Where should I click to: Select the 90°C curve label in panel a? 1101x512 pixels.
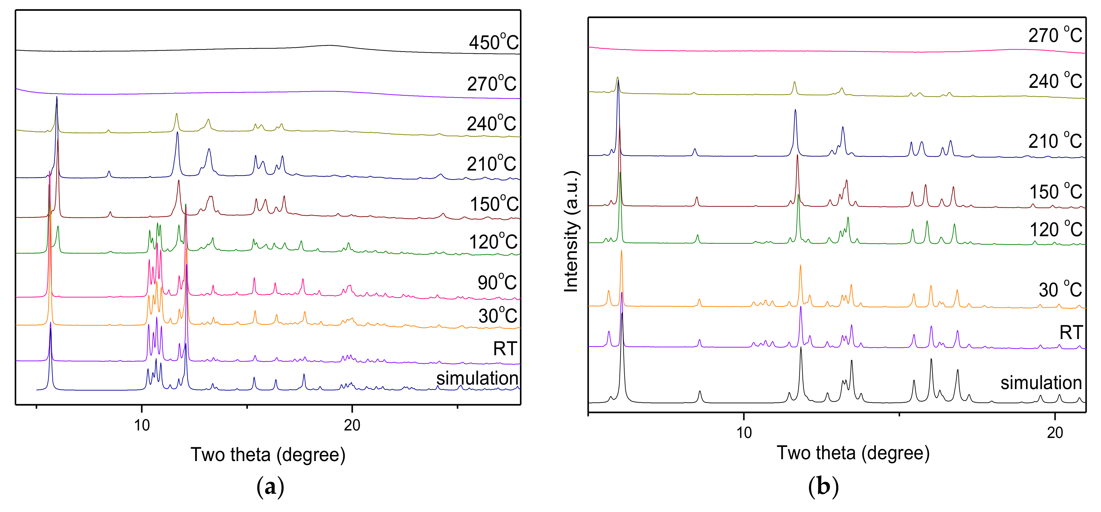click(x=497, y=282)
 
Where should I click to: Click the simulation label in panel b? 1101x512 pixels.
click(x=1041, y=383)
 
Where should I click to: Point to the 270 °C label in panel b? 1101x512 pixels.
click(x=1055, y=35)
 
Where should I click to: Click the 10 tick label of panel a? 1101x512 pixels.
click(x=142, y=425)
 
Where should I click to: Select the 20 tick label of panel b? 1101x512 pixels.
click(x=1055, y=433)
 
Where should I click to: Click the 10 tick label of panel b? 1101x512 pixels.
click(x=744, y=433)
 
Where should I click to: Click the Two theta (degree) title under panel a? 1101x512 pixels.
click(x=268, y=455)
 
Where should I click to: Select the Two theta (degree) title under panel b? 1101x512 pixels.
click(x=853, y=453)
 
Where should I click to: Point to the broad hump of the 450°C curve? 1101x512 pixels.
click(x=329, y=45)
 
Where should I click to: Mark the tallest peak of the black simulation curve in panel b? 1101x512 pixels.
click(x=622, y=313)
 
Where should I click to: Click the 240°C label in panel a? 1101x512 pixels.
click(x=491, y=124)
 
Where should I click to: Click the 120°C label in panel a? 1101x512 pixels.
click(x=493, y=242)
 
